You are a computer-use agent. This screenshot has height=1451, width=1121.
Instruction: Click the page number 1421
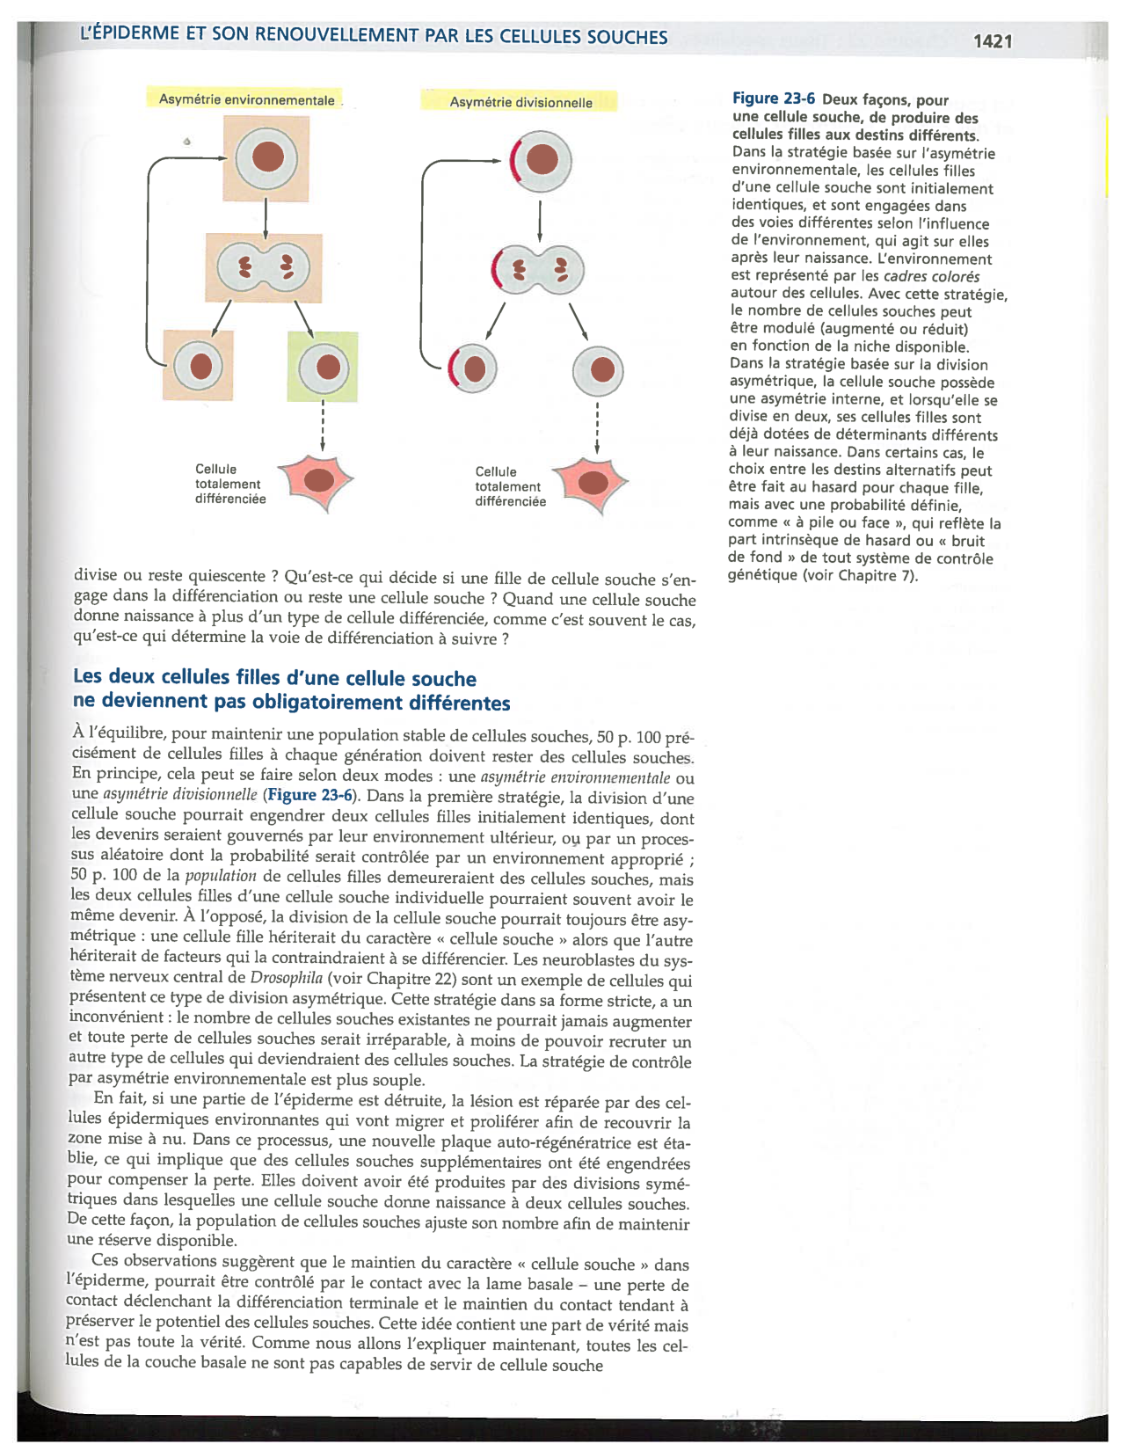pos(993,41)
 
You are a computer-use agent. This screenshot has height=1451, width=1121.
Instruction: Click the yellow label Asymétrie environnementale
pos(246,99)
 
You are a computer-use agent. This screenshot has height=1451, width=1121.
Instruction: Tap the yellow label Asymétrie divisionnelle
pos(520,102)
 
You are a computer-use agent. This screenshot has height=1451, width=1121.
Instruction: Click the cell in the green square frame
pos(323,367)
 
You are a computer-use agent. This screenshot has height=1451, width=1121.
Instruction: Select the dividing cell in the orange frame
pos(264,267)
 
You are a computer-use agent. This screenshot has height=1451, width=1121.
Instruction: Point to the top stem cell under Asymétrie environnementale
pos(266,158)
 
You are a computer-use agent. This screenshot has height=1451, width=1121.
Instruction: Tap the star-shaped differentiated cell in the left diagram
pos(317,480)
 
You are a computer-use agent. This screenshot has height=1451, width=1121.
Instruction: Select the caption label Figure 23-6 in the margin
pos(774,99)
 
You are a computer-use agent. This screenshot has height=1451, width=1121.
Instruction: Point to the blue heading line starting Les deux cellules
pos(274,678)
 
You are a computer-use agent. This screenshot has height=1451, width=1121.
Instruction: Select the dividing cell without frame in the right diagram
pos(539,269)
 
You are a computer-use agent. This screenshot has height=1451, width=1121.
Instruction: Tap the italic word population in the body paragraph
pos(220,876)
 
